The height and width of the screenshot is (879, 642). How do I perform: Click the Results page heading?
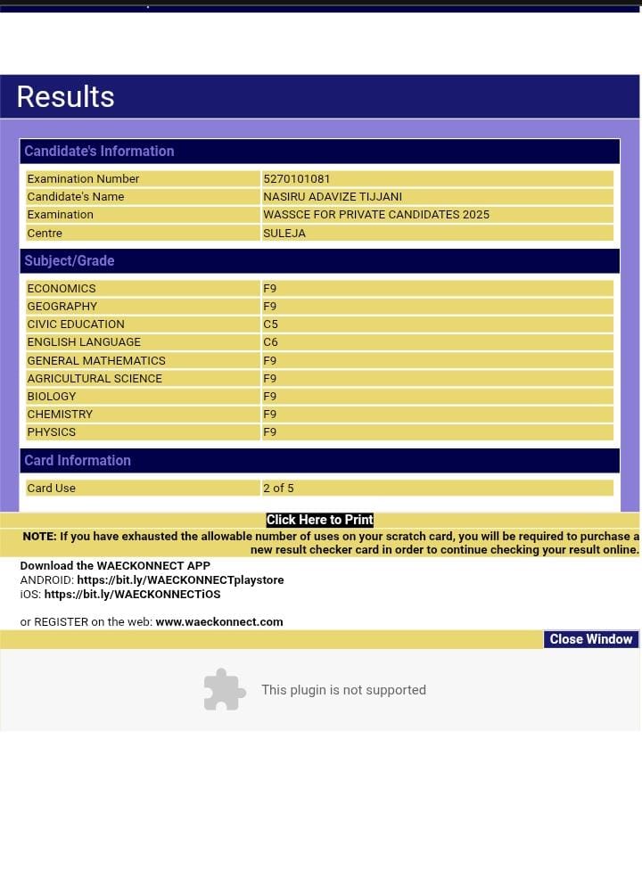click(65, 96)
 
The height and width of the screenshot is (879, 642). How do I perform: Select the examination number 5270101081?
click(297, 178)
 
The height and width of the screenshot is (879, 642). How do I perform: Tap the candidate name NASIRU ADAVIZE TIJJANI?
click(333, 196)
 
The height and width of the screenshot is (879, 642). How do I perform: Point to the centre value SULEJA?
click(284, 233)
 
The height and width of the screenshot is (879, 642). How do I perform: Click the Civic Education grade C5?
click(270, 324)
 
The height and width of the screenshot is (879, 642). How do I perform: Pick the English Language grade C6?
click(270, 341)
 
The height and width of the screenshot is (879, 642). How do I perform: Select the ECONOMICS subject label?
click(62, 288)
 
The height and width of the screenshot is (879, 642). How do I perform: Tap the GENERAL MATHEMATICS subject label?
click(96, 360)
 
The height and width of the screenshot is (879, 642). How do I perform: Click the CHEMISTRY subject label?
click(60, 414)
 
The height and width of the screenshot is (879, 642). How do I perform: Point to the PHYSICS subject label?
click(52, 431)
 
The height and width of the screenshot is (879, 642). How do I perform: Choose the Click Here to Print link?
click(319, 520)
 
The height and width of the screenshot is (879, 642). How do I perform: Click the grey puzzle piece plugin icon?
click(225, 689)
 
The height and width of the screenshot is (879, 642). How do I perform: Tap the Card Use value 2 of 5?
click(278, 488)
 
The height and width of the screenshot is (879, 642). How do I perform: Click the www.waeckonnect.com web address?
click(219, 621)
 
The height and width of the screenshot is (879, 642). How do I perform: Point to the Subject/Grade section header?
click(70, 260)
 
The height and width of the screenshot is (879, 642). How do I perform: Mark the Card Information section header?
click(78, 460)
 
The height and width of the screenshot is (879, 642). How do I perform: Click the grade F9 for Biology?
click(269, 396)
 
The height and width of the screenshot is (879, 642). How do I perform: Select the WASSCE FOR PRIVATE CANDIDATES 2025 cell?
click(376, 214)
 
